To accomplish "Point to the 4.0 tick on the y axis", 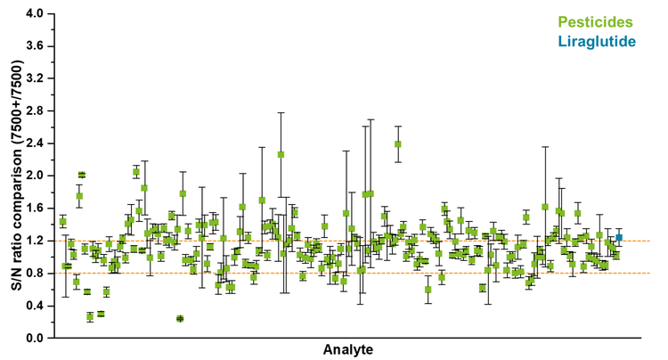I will [35, 14].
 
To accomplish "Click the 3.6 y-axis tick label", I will [35, 46].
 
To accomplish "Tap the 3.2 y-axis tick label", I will [35, 78].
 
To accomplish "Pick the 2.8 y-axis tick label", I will [35, 111].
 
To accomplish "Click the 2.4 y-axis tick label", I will [35, 143].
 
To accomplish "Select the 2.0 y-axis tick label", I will [35, 176].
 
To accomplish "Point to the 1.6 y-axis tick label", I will [35, 209].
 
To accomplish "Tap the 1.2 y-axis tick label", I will [35, 241].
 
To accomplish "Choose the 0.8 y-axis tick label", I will [35, 273].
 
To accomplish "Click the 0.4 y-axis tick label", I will [35, 306].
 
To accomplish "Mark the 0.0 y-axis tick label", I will [35, 338].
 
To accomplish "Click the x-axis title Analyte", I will [348, 349].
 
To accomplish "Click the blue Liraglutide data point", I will [619, 237].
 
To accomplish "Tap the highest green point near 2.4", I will [398, 144].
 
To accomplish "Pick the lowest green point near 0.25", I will [180, 318].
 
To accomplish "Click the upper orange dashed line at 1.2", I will [356, 241].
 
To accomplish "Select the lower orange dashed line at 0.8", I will [356, 273].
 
